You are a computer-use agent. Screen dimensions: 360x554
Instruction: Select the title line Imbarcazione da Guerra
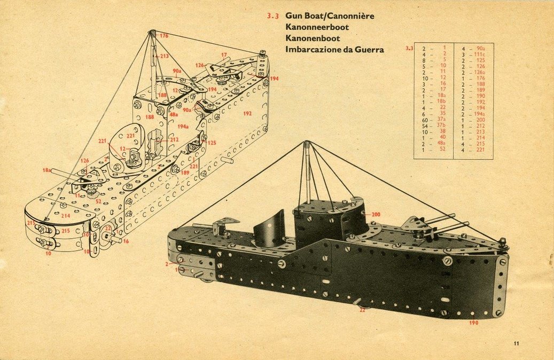[x=335, y=50]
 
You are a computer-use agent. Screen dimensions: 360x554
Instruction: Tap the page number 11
[x=516, y=343]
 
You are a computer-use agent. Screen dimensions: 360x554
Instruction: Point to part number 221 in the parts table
[x=480, y=149]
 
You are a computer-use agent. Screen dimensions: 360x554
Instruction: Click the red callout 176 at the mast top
[x=163, y=36]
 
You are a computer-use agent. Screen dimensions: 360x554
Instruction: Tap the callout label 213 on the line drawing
[x=163, y=56]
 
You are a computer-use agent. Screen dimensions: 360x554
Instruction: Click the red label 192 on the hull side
[x=247, y=114]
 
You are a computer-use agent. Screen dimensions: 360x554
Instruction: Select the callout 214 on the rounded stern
[x=65, y=215]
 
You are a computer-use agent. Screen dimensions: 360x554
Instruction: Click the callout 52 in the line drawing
[x=98, y=201]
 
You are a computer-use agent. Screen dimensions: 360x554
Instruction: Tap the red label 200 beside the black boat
[x=376, y=214]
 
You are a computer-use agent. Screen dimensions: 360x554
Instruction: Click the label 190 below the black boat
[x=473, y=323]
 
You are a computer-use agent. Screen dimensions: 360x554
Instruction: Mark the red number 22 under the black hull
[x=362, y=310]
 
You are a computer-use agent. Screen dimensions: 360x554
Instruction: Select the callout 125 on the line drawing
[x=212, y=143]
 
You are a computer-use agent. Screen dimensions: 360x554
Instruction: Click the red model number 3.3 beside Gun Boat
[x=272, y=16]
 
